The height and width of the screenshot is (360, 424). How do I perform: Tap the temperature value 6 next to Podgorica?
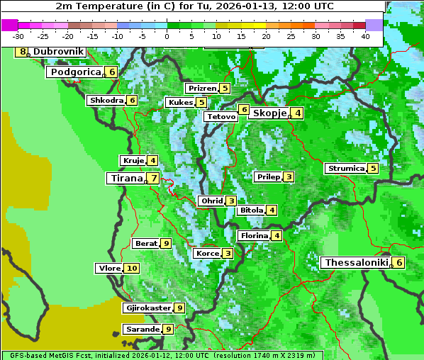pos(112,72)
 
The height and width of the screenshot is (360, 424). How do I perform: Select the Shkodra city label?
pos(106,101)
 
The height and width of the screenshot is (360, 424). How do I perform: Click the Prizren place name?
pos(201,89)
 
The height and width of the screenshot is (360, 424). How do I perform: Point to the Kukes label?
pos(180,103)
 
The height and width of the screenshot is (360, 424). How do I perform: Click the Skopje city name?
pos(269,113)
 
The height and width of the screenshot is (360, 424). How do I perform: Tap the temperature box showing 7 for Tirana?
pos(153,178)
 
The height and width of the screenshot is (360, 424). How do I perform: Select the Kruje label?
pos(133,161)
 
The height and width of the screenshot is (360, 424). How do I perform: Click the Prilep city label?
pos(268,176)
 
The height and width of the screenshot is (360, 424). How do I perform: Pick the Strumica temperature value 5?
pos(373,168)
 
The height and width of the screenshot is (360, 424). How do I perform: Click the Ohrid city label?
pos(211,201)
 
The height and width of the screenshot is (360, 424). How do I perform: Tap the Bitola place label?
pos(251,210)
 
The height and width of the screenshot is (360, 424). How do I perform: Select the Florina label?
pos(254,235)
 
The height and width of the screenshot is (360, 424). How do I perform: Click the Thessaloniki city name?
pos(356,262)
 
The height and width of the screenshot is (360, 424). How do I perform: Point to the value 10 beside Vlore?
pos(132,268)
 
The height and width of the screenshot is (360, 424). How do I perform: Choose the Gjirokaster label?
pos(147,308)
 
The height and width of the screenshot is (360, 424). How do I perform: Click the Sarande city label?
pos(142,329)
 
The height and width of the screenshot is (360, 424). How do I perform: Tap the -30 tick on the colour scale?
pos(18,36)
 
